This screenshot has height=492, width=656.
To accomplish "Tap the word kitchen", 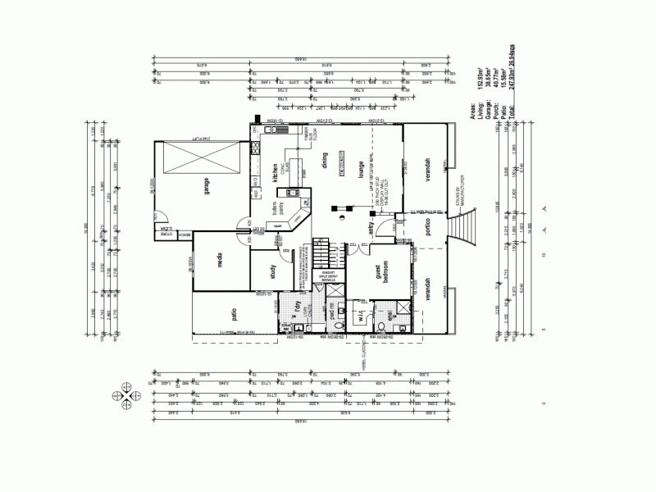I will click(x=276, y=173).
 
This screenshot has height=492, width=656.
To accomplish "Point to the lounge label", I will click(x=360, y=170).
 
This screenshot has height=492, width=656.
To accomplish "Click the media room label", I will click(x=221, y=261).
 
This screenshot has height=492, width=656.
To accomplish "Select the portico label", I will click(x=427, y=228).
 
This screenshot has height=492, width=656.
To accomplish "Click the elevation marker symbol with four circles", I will click(x=127, y=393).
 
